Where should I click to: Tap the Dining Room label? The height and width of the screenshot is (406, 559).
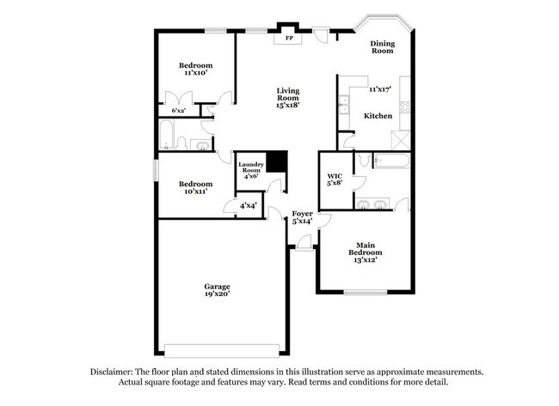(x=382, y=47)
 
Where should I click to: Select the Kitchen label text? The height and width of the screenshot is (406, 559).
(x=378, y=116)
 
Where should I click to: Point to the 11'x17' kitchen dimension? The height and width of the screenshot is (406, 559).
(x=379, y=89)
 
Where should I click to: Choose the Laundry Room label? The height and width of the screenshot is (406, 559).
(x=251, y=166)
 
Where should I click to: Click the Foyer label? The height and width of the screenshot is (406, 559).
(x=302, y=214)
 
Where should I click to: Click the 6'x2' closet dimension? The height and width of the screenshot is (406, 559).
(x=179, y=111)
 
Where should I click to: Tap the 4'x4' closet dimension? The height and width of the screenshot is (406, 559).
(x=248, y=206)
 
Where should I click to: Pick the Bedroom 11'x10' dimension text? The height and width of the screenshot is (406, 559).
(x=195, y=74)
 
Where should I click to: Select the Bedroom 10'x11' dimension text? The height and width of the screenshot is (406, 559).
(x=195, y=191)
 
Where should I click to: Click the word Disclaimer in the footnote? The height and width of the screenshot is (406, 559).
(x=115, y=372)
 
